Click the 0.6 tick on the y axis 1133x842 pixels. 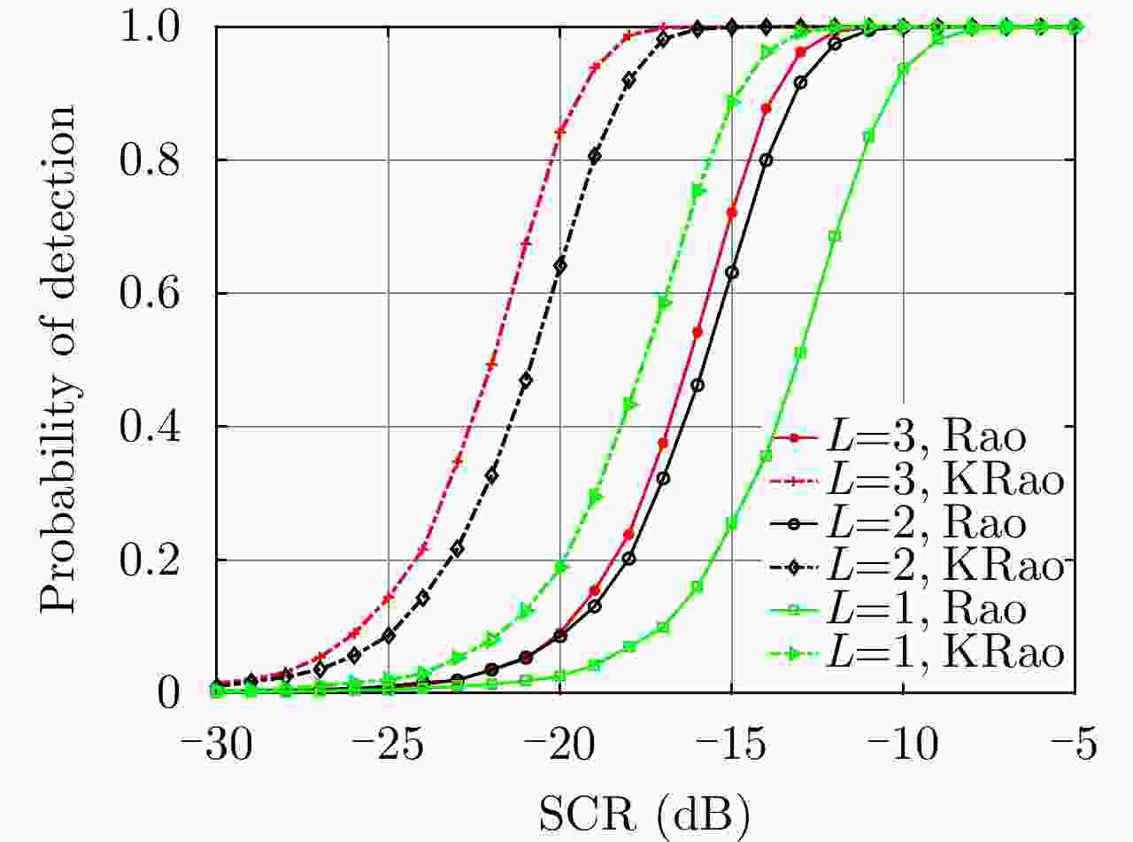(162, 293)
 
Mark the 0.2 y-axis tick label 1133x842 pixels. (162, 560)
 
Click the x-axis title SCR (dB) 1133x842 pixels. (645, 808)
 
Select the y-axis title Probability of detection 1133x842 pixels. (60, 359)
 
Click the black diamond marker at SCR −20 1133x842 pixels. (560, 266)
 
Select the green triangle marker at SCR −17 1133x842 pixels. (664, 303)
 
